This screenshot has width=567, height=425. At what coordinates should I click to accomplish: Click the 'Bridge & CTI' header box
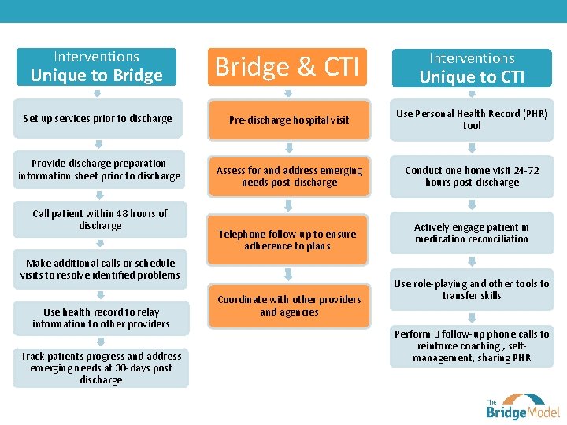coord(287,68)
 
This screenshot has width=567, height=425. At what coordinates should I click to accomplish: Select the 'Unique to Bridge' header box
coord(96,68)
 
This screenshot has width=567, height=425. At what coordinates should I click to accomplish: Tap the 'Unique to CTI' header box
coord(472,68)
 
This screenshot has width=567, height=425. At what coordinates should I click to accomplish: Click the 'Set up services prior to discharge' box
coord(98,119)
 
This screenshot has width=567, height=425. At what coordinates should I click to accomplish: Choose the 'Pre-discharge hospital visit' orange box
coord(289,120)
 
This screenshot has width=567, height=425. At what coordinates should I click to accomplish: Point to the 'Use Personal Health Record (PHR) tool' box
coord(472,120)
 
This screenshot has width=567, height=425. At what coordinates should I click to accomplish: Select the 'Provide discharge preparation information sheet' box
coord(99,170)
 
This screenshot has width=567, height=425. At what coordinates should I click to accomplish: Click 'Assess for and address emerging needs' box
coord(289,176)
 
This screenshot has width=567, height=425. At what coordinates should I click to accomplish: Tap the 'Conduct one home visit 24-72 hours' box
coord(472,176)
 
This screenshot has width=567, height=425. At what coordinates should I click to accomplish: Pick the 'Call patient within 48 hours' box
coord(99,220)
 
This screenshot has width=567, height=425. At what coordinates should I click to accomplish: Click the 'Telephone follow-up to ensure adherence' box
coord(287,240)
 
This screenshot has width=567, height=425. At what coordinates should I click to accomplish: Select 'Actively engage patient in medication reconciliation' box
coord(472,233)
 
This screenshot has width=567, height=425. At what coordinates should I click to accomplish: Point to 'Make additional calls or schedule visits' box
coord(100,269)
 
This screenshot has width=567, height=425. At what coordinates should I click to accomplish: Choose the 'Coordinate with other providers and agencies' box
coord(289,305)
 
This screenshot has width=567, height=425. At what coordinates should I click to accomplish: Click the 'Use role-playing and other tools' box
coord(472,290)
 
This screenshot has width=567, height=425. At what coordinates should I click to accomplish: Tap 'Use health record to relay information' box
coord(100,318)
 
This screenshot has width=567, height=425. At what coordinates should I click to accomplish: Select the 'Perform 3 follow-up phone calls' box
coord(472,346)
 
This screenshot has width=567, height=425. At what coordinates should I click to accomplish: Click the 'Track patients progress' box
coord(100,368)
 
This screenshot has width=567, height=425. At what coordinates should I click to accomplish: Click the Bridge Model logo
coord(522,406)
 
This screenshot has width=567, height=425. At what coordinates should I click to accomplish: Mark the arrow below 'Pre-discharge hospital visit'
coord(289,148)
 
